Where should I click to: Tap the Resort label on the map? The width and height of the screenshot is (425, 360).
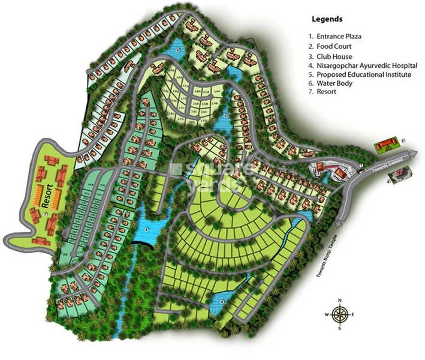pos(44,199)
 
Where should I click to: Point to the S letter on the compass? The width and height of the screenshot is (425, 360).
pos(339,328)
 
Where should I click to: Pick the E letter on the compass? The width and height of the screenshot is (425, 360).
pos(353,314)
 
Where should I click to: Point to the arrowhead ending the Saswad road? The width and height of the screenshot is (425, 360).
pos(415,154)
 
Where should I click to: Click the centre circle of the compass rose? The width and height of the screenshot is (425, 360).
pos(339,314)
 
